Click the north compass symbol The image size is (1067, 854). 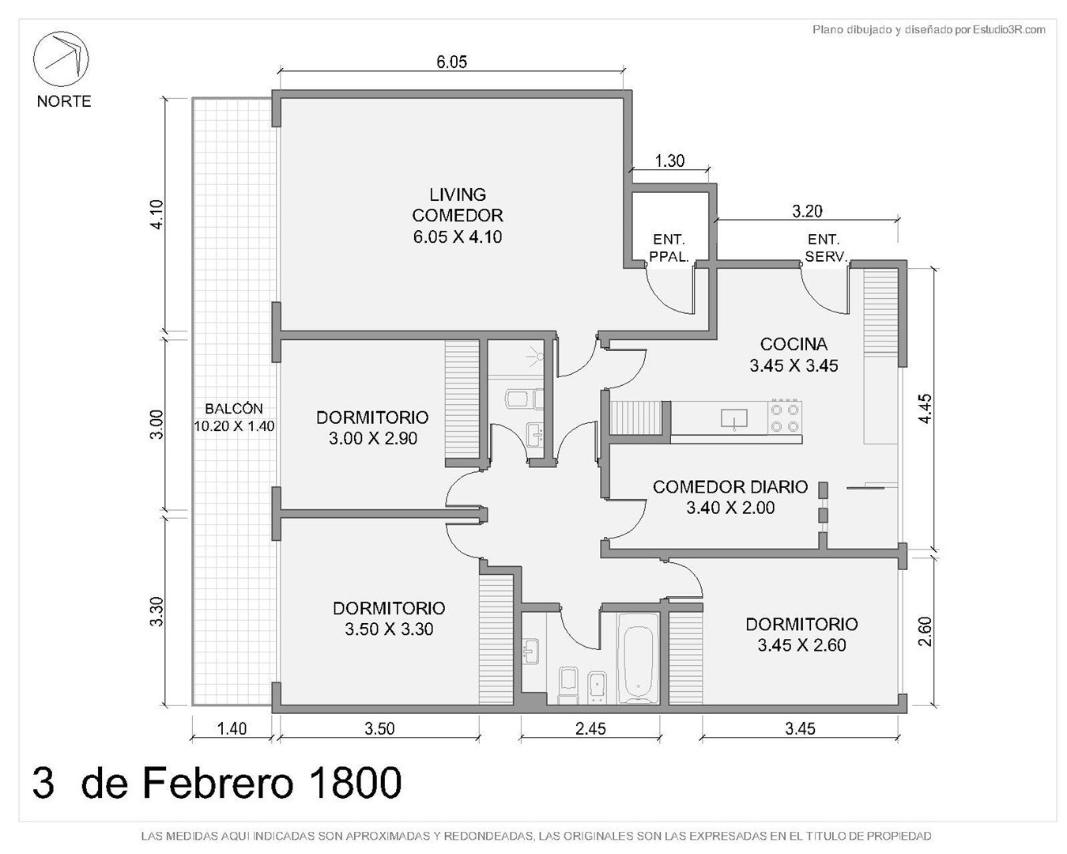(61, 59)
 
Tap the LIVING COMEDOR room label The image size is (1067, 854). (457, 215)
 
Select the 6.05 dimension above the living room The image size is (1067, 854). (451, 62)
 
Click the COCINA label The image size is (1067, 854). (794, 344)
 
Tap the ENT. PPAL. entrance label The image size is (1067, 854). (669, 248)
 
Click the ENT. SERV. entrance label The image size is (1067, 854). (824, 248)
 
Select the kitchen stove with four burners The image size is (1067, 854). (786, 418)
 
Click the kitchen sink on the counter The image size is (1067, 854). (733, 418)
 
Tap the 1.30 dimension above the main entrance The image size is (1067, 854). (669, 161)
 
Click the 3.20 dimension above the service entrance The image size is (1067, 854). (807, 211)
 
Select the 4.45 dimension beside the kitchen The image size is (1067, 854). (926, 408)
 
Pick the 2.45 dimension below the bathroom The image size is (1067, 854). (590, 728)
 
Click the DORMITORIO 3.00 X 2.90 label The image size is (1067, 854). (372, 428)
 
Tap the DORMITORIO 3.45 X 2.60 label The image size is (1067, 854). (801, 634)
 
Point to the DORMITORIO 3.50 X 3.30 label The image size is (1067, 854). (389, 618)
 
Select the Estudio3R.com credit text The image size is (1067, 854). (1009, 30)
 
